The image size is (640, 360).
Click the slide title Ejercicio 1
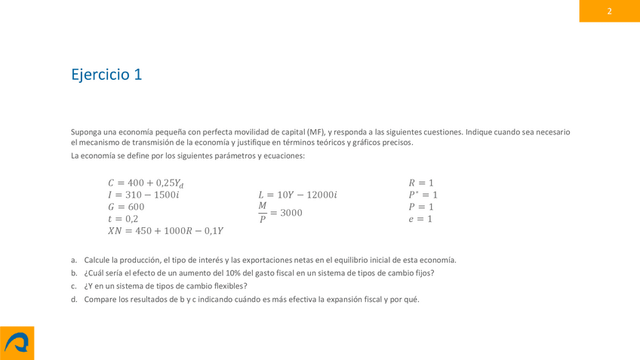tap(106, 75)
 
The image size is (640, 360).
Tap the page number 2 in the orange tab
tap(609, 11)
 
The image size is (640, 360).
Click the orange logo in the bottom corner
tap(17, 343)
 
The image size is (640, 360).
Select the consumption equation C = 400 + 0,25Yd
tap(145, 183)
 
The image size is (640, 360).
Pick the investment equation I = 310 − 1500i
tap(143, 195)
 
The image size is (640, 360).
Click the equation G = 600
tap(126, 207)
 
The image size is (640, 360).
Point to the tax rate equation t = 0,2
tap(123, 219)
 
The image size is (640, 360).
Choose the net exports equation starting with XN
tap(165, 231)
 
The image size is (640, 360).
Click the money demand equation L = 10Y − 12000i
tap(297, 195)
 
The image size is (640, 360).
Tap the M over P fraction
tap(263, 212)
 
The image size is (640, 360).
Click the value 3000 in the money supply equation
tap(291, 213)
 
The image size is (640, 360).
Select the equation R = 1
tap(421, 183)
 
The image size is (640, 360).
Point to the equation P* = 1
tap(423, 195)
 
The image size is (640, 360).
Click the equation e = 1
tap(420, 219)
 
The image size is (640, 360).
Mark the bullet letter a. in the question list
tap(74, 260)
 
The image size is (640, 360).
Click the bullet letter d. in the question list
tap(74, 299)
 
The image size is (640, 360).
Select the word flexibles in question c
tap(229, 286)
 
